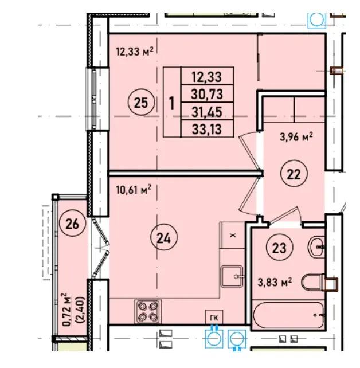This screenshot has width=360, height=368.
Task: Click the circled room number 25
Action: [141, 103]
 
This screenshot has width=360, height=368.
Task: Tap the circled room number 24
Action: [164, 237]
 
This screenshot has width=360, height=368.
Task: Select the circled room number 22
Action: [294, 174]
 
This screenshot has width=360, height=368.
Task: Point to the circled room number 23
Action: [279, 247]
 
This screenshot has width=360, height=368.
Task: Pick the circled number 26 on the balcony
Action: [72, 223]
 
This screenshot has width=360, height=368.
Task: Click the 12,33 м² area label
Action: [135, 51]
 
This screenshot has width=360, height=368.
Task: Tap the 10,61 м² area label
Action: [134, 190]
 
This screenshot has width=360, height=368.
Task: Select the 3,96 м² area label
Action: [296, 137]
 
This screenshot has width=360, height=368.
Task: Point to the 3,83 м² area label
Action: [275, 282]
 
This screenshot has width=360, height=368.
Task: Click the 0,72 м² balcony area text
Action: [67, 310]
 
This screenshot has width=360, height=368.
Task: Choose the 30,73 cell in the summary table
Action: [207, 94]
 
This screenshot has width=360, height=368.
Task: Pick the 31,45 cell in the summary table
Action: [207, 111]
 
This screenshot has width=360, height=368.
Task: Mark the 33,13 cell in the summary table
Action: [207, 128]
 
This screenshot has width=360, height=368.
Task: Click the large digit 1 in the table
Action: [172, 103]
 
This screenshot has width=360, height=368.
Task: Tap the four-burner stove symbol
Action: [148, 311]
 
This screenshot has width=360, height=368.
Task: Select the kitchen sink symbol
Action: [232, 276]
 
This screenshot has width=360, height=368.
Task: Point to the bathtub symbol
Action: [288, 315]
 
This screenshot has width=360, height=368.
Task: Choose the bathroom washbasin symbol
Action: [316, 247]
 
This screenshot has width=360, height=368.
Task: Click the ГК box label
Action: [214, 318]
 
